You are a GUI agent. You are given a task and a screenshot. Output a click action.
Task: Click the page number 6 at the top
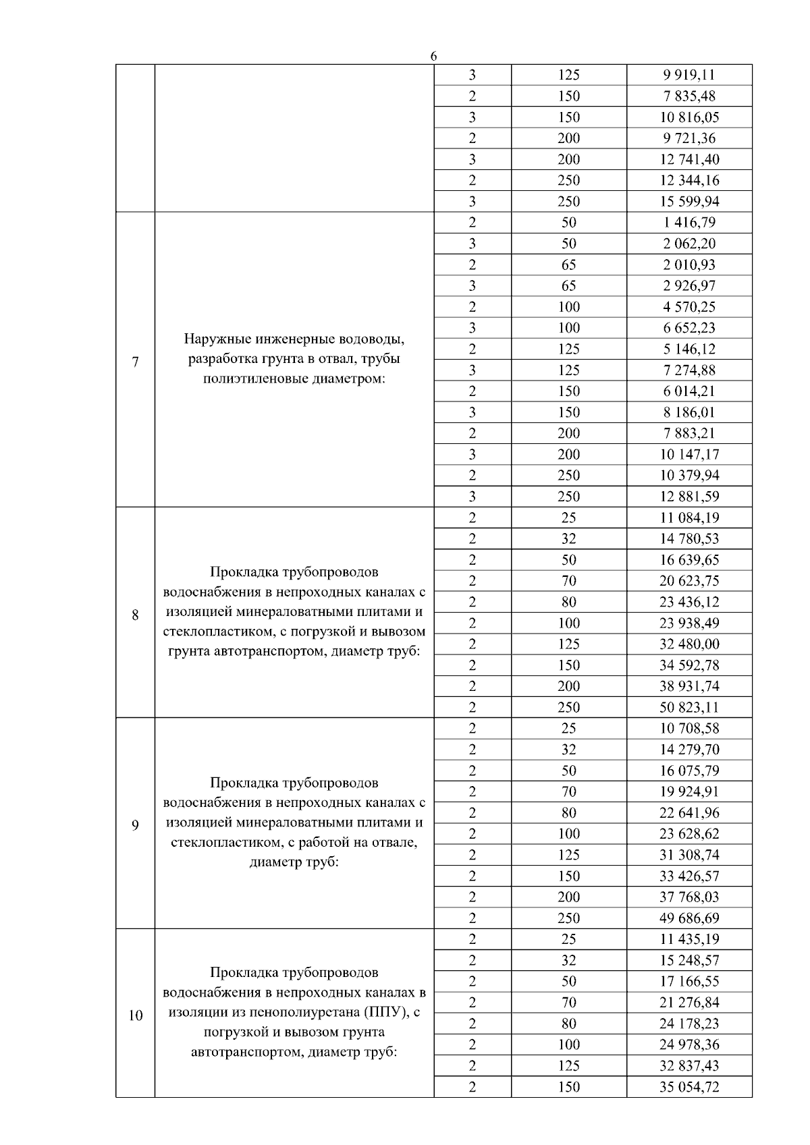click(433, 57)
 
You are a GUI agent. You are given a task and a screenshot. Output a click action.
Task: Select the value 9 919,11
click(689, 75)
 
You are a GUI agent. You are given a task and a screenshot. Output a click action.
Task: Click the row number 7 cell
click(135, 362)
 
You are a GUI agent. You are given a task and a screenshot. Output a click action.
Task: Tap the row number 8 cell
click(135, 615)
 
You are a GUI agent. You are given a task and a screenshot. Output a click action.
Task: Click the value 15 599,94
click(689, 201)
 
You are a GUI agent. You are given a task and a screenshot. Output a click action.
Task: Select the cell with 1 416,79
click(689, 223)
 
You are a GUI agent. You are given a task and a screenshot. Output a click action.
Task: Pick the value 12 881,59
click(689, 497)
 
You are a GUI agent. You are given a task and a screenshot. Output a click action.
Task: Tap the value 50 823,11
click(689, 707)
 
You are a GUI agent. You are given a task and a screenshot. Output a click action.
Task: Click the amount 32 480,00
click(689, 644)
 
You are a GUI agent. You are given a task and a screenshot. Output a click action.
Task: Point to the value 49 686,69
click(689, 918)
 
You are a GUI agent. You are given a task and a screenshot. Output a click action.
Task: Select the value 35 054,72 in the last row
click(689, 1087)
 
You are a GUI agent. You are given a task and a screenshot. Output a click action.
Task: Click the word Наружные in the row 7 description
click(215, 338)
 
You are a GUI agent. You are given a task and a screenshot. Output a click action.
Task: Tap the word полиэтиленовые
click(256, 379)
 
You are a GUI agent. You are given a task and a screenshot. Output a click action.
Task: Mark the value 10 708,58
click(689, 728)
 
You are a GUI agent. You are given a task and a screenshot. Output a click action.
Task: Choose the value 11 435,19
click(689, 939)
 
